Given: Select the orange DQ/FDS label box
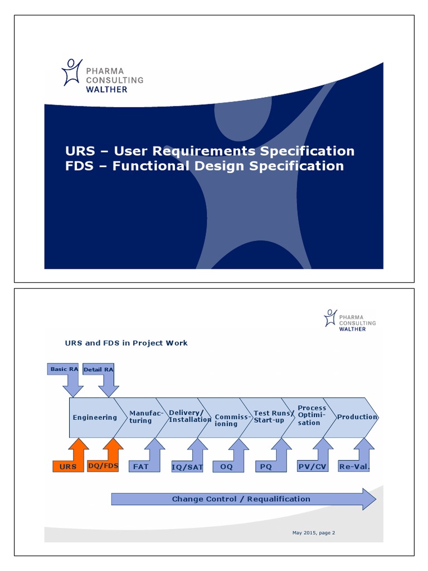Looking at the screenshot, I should (x=104, y=466).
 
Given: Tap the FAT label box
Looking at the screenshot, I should (x=141, y=466).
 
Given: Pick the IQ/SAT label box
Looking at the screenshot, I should (x=187, y=467).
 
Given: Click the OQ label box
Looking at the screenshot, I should (x=226, y=466).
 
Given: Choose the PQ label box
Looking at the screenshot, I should (x=266, y=466).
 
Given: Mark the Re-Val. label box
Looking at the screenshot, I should (x=354, y=466).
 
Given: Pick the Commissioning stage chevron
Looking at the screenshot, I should (x=226, y=420).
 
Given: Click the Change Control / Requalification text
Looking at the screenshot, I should (x=241, y=499).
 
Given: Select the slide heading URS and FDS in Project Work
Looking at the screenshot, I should (x=127, y=343).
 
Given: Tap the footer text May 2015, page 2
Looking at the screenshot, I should (x=314, y=533).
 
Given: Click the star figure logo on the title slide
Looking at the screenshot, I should (x=72, y=72).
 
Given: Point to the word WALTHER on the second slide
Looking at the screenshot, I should (x=352, y=329).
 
